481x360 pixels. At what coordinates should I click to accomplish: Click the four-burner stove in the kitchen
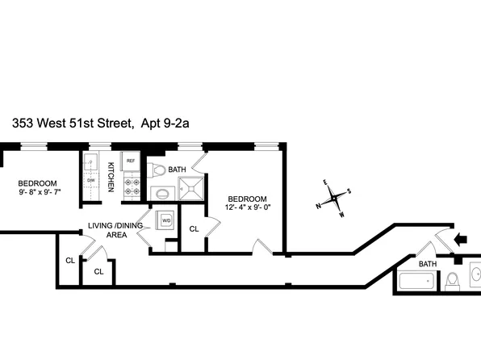pyautogui.click(x=131, y=187)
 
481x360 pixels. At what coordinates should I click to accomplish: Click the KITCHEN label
pyautogui.click(x=111, y=177)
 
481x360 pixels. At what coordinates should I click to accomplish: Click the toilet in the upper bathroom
pyautogui.click(x=158, y=170)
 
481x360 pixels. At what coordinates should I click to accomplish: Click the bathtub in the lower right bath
pyautogui.click(x=418, y=283)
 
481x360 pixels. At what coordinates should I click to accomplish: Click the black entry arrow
pyautogui.click(x=462, y=239)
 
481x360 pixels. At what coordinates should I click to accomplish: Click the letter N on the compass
pyautogui.click(x=318, y=206)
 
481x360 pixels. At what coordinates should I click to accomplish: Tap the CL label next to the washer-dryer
pyautogui.click(x=194, y=229)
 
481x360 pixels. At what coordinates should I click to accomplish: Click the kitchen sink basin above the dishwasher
pyautogui.click(x=90, y=162)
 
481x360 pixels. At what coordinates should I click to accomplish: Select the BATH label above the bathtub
pyautogui.click(x=427, y=264)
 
